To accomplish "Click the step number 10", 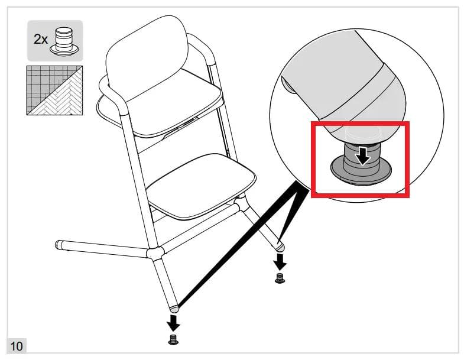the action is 17,346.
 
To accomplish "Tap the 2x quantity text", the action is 41,39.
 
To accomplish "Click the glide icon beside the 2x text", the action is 64,41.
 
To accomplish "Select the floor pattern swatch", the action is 55,90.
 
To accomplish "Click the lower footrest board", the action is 201,187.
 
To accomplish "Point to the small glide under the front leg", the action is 173,339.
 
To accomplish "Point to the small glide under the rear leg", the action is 280,278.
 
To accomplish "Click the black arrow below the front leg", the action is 173,323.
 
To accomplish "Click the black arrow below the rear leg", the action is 280,262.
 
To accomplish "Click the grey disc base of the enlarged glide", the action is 361,172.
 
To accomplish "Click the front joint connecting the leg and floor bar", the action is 155,254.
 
